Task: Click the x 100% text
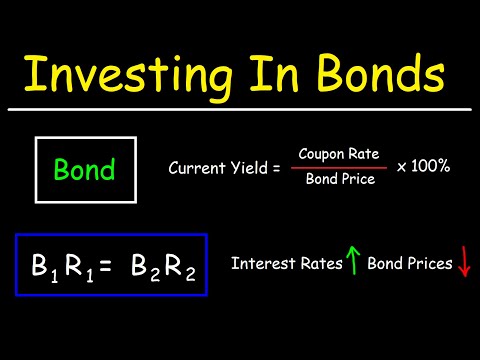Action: click(x=422, y=166)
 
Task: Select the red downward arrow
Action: click(x=463, y=265)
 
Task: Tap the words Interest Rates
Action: click(x=286, y=265)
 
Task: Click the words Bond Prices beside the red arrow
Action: click(x=409, y=265)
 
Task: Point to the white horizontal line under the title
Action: click(x=240, y=108)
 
